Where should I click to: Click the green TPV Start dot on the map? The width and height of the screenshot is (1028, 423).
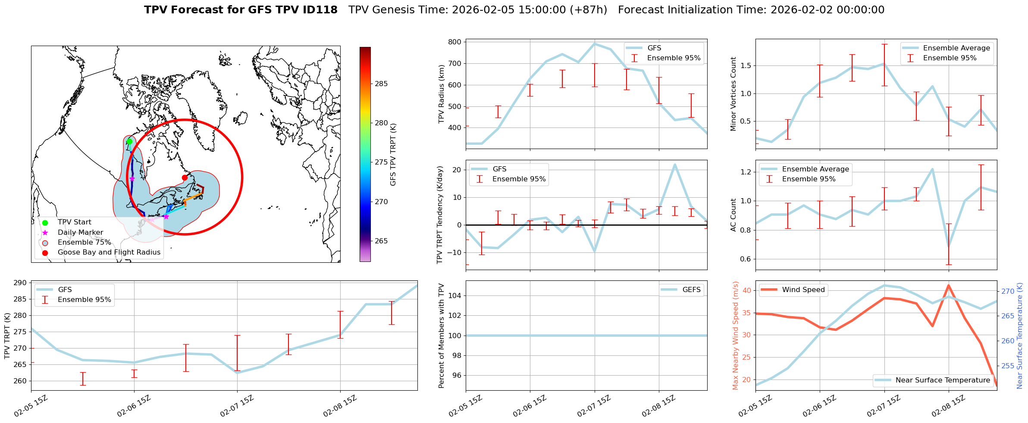129,142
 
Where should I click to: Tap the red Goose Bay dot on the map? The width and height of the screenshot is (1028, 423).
185,177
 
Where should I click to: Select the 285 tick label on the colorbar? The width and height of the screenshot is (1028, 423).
381,84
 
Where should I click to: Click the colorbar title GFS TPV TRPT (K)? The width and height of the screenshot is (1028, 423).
393,154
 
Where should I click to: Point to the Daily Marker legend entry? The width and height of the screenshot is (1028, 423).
80,233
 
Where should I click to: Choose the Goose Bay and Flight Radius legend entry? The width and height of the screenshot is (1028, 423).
109,252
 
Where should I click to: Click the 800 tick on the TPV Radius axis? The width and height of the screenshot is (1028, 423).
455,42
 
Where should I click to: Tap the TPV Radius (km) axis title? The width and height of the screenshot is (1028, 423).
441,94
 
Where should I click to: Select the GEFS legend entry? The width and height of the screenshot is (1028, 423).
691,290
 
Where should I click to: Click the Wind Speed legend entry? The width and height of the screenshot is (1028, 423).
803,290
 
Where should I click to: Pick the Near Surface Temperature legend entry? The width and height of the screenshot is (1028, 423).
942,380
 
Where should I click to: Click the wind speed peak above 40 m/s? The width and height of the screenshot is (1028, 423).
948,285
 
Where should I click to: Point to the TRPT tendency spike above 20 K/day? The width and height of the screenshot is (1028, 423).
674,164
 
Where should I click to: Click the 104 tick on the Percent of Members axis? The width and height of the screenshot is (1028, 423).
455,295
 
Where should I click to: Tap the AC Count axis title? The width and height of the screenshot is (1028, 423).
733,215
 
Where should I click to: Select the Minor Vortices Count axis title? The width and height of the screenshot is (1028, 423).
733,94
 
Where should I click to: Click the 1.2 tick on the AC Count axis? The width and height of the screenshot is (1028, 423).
746,172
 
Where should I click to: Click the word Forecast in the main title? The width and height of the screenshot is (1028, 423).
195,10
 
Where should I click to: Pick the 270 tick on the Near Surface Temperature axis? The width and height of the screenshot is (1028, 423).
1008,292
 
